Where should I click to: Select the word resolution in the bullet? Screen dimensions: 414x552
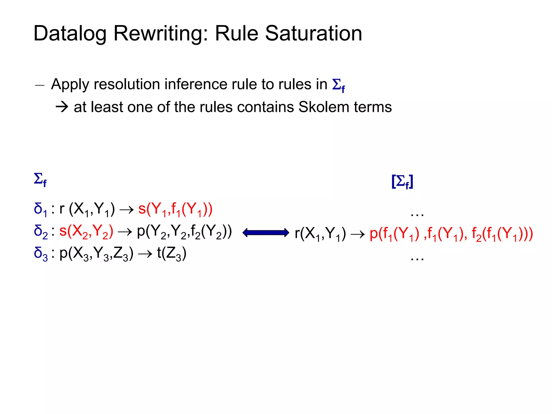tap(127, 84)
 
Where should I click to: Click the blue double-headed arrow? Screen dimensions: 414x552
tap(266, 233)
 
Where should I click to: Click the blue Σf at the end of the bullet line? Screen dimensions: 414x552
tap(338, 85)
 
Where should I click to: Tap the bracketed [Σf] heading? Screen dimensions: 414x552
tap(402, 182)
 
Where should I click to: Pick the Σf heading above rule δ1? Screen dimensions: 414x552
tap(40, 179)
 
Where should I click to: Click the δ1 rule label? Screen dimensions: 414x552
tap(40, 209)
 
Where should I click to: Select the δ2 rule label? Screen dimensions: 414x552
tap(41, 232)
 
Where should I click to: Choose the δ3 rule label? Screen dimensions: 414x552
tap(41, 254)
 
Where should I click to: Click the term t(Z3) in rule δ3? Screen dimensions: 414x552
tap(172, 254)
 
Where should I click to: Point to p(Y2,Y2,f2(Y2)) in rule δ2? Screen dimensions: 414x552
tap(184, 232)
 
